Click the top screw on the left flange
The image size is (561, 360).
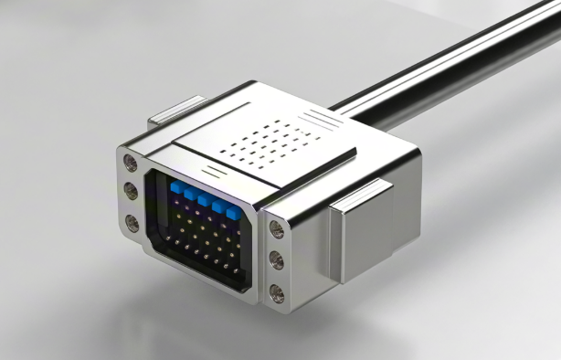pos(131,164)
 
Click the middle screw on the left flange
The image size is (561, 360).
pos(131,192)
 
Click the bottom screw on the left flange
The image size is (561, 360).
pos(132,222)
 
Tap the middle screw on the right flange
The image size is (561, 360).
pos(277,261)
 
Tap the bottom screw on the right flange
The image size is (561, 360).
pos(277,293)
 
